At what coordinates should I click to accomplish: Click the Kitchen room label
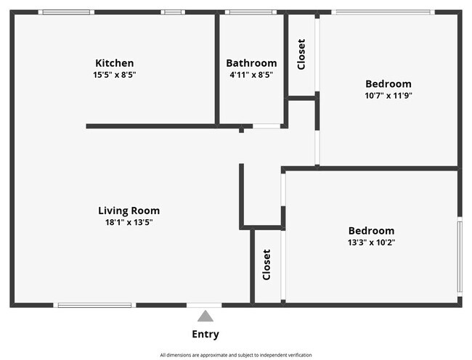pyautogui.click(x=115, y=63)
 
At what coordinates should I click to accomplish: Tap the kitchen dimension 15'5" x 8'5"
pyautogui.click(x=115, y=75)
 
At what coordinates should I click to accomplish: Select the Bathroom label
pyautogui.click(x=251, y=63)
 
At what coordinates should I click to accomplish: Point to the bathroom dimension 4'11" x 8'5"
pyautogui.click(x=251, y=75)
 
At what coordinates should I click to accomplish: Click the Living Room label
pyautogui.click(x=129, y=210)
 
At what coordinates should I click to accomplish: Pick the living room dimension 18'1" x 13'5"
pyautogui.click(x=129, y=222)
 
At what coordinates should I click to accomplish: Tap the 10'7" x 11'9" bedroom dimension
pyautogui.click(x=388, y=95)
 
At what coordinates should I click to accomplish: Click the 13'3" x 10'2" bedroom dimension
pyautogui.click(x=371, y=242)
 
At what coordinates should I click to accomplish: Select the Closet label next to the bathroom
pyautogui.click(x=301, y=54)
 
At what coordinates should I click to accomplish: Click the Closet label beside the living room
pyautogui.click(x=266, y=265)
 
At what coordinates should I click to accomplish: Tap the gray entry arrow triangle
pyautogui.click(x=206, y=316)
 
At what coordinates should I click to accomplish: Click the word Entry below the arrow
pyautogui.click(x=206, y=335)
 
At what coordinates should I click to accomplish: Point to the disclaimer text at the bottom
pyautogui.click(x=236, y=355)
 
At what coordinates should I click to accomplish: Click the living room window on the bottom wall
pyautogui.click(x=94, y=305)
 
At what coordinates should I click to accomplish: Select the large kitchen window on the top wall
pyautogui.click(x=66, y=12)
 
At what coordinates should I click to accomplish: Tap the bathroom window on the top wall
pyautogui.click(x=250, y=12)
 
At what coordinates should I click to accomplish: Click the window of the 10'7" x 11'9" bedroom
pyautogui.click(x=382, y=12)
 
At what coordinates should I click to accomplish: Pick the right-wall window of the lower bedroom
pyautogui.click(x=459, y=256)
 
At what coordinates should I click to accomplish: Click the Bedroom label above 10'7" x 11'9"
pyautogui.click(x=388, y=83)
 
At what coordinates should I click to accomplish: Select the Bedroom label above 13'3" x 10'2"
pyautogui.click(x=371, y=231)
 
